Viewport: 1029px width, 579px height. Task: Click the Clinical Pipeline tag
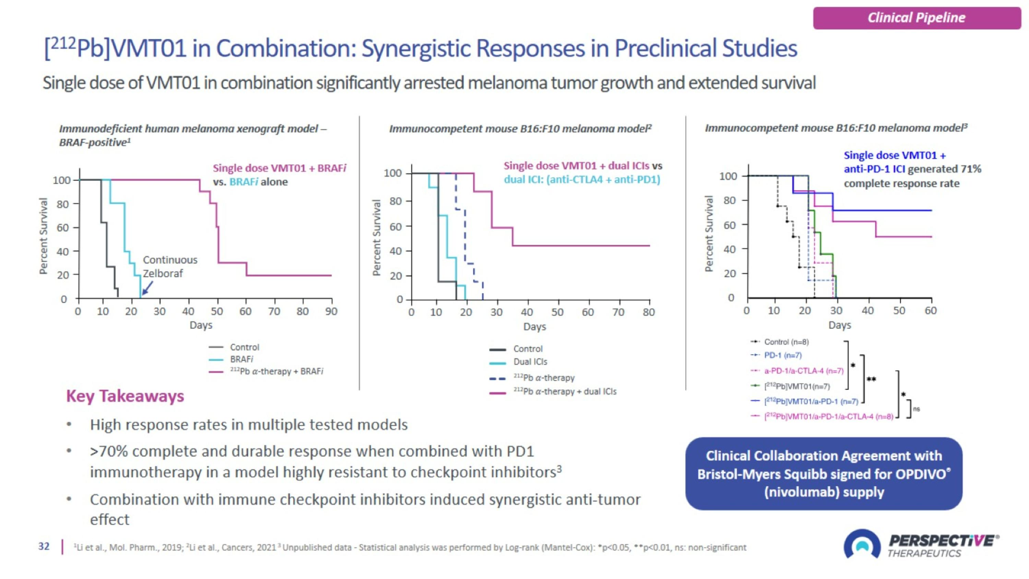[916, 18]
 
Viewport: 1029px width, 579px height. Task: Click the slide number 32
[44, 546]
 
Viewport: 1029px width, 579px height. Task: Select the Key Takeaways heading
[125, 396]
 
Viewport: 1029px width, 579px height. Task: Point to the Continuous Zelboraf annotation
[170, 267]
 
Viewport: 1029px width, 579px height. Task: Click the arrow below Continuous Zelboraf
[147, 288]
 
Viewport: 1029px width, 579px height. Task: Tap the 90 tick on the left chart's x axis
[331, 311]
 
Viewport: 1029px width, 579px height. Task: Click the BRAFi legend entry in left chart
[241, 359]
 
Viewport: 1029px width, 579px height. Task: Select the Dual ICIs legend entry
[530, 362]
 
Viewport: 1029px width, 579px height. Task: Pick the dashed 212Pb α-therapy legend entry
[544, 378]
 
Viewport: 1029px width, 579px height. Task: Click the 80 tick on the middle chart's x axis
[649, 312]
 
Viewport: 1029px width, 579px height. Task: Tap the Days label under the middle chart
[534, 327]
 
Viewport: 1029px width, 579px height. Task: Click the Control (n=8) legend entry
[786, 342]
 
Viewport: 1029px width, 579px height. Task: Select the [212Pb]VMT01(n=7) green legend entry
[796, 386]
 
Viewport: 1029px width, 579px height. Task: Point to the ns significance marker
[916, 409]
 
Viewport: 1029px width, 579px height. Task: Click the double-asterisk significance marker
[871, 379]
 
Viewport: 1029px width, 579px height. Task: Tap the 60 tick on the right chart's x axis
[930, 311]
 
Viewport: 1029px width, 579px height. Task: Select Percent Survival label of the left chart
[43, 236]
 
